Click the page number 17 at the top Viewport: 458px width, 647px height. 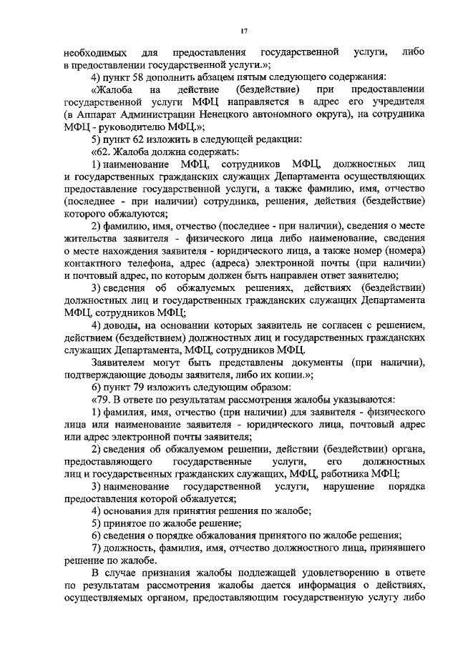[244, 29]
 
